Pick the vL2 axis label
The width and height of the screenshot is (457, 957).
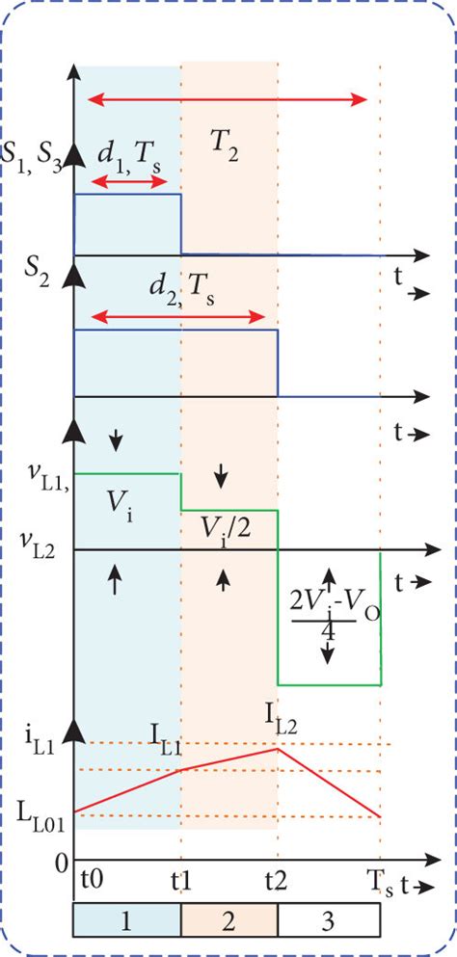[37, 547]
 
